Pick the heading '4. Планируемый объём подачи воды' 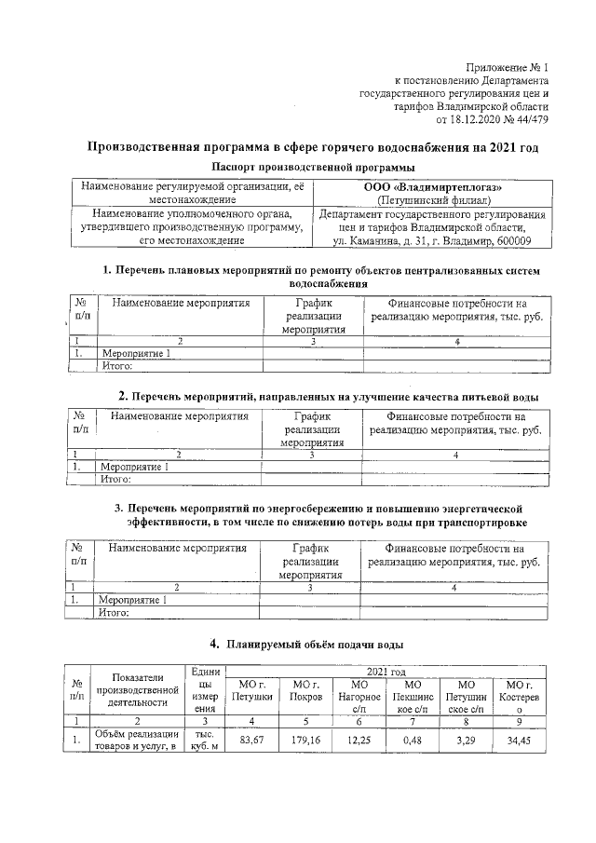306,644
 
